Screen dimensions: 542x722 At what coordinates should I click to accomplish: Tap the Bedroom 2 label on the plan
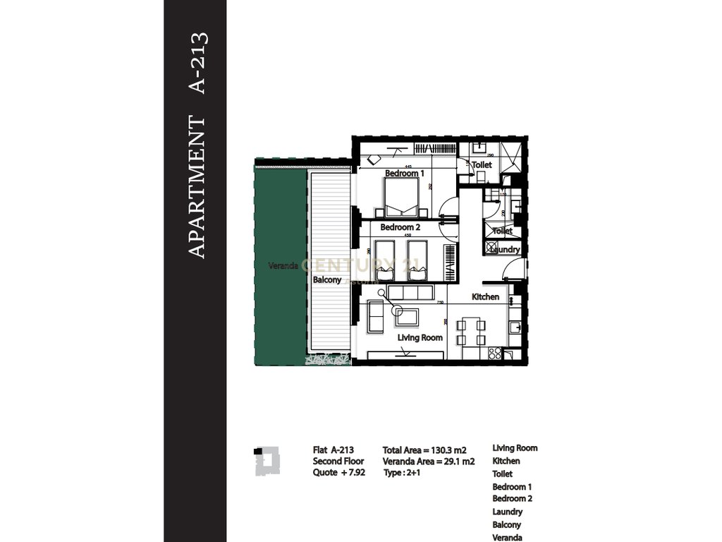pyautogui.click(x=400, y=227)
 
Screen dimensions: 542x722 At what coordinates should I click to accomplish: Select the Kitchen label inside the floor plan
pyautogui.click(x=485, y=297)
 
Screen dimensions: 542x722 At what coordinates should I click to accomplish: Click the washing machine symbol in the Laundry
pyautogui.click(x=491, y=248)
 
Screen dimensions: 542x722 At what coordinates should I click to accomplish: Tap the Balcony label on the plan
pyautogui.click(x=327, y=279)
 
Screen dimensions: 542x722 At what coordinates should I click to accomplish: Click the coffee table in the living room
pyautogui.click(x=406, y=316)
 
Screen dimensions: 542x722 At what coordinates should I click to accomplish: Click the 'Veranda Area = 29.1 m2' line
pyautogui.click(x=428, y=462)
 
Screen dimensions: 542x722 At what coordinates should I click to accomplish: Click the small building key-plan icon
pyautogui.click(x=267, y=460)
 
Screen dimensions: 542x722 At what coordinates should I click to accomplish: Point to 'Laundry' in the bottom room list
pyautogui.click(x=507, y=512)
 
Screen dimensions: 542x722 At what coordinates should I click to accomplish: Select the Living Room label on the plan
pyautogui.click(x=420, y=338)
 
